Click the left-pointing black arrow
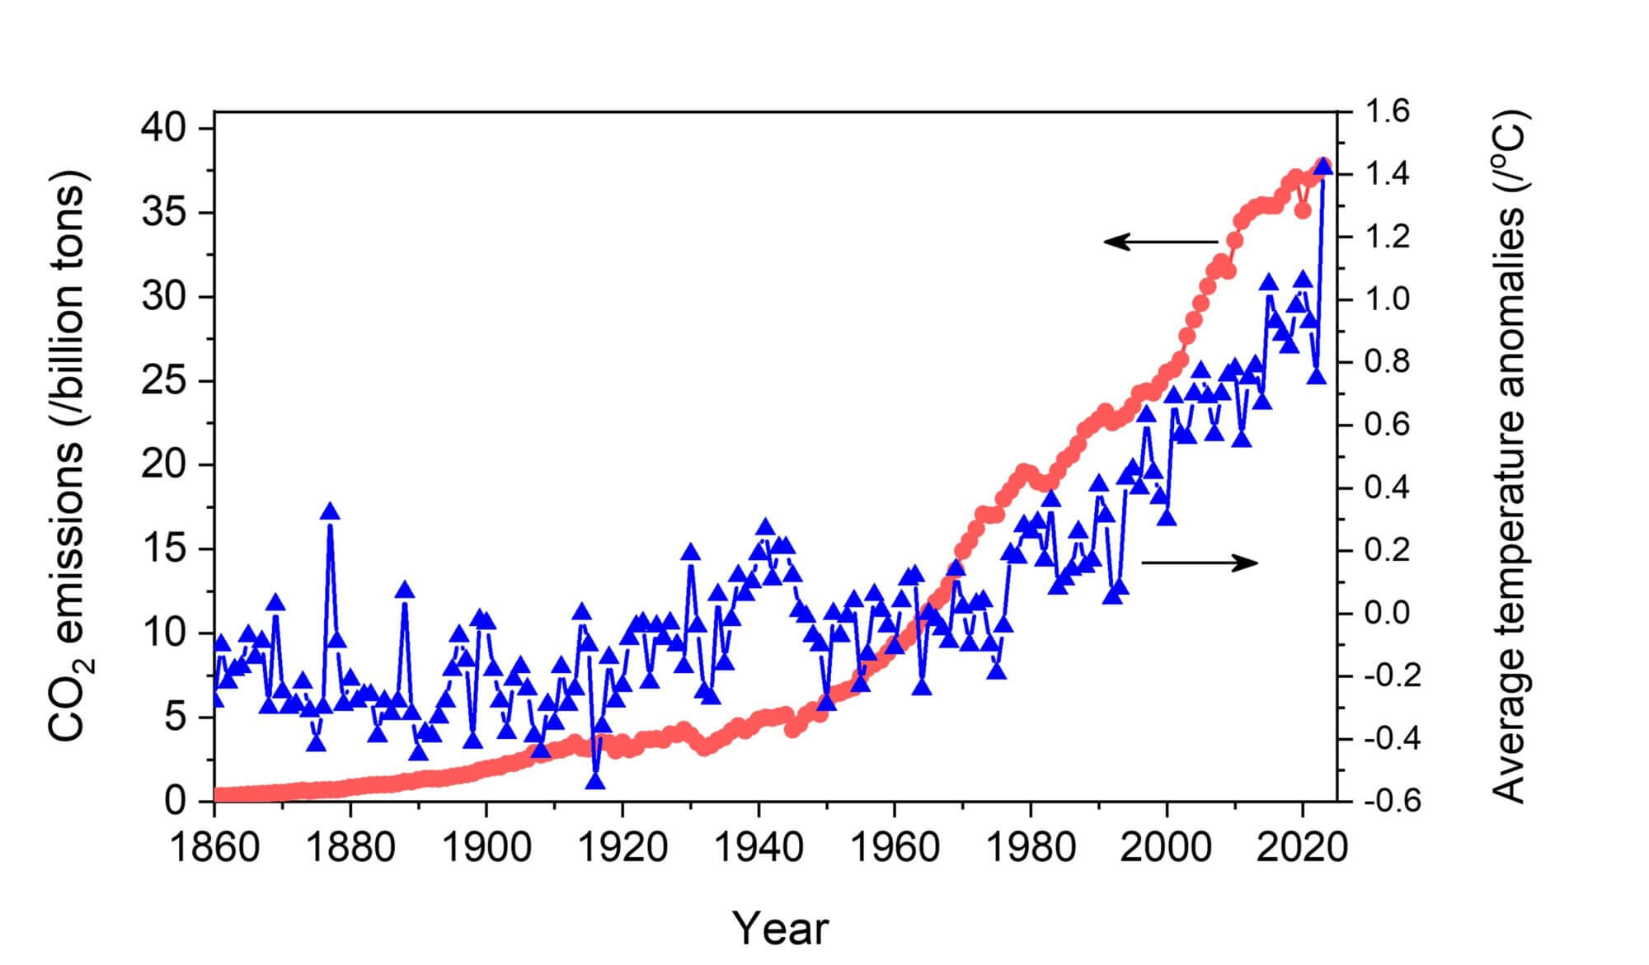pos(1160,242)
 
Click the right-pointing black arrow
pos(1200,563)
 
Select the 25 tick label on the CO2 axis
pos(165,382)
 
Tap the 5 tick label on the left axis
pos(176,718)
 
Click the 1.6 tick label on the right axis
pos(1388,111)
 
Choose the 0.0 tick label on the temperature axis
pos(1388,613)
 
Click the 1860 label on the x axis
pos(214,847)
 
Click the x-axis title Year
pos(780,929)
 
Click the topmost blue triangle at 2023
pos(1322,167)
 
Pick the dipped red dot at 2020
pos(1303,210)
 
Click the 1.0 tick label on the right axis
pos(1388,299)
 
